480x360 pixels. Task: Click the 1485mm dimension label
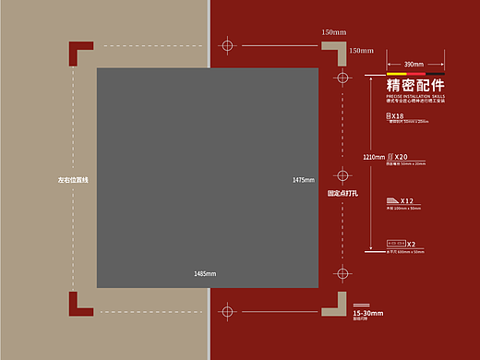pos(205,274)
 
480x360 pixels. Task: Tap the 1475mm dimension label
pos(304,179)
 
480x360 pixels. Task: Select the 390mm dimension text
pos(414,64)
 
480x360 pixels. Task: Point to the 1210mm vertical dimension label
pos(374,158)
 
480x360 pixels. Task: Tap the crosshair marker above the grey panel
pos(227,43)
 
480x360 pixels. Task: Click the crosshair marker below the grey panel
pos(227,311)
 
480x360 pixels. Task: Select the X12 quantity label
pos(407,200)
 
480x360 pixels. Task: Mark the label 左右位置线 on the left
pos(72,179)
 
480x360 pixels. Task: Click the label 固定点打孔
pos(342,195)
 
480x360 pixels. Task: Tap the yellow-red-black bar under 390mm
pos(414,73)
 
